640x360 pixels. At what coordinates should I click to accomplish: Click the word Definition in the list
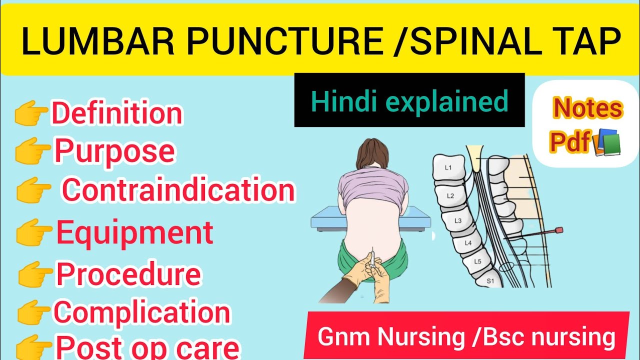pos(117,113)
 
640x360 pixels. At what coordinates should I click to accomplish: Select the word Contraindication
pos(178,190)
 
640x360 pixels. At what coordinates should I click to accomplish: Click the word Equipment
pos(134,232)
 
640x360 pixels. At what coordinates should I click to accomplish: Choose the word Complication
pos(142,312)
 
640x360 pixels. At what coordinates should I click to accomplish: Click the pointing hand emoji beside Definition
pos(32,114)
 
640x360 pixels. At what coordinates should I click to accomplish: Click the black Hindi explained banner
pos(409,100)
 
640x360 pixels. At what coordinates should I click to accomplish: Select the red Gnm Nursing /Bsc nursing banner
pos(466,336)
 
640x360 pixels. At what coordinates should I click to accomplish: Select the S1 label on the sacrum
pos(490,281)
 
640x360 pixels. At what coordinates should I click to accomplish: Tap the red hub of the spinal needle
pos(559,230)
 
